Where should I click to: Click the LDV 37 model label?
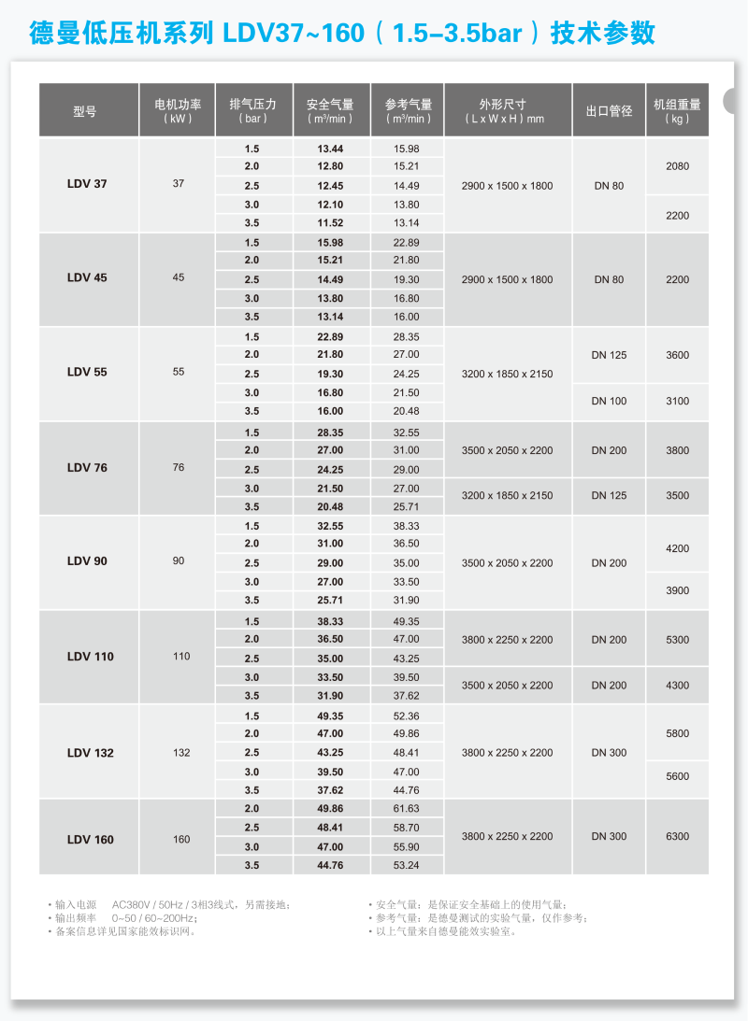point(87,184)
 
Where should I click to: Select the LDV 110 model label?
point(90,657)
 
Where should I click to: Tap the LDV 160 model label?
point(90,840)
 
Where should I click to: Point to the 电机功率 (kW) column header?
point(178,111)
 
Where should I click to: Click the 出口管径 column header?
point(609,111)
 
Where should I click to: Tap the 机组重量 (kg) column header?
point(677,111)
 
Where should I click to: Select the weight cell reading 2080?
point(677,166)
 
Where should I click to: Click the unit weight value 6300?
point(677,837)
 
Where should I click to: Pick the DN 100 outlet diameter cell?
point(609,402)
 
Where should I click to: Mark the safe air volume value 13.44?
point(330,149)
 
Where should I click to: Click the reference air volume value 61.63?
point(407,809)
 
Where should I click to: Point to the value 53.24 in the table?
point(407,866)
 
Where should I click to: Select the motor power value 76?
point(179,467)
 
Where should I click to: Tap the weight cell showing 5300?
point(677,640)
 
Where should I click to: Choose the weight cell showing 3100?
point(677,402)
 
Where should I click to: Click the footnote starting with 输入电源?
point(172,904)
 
